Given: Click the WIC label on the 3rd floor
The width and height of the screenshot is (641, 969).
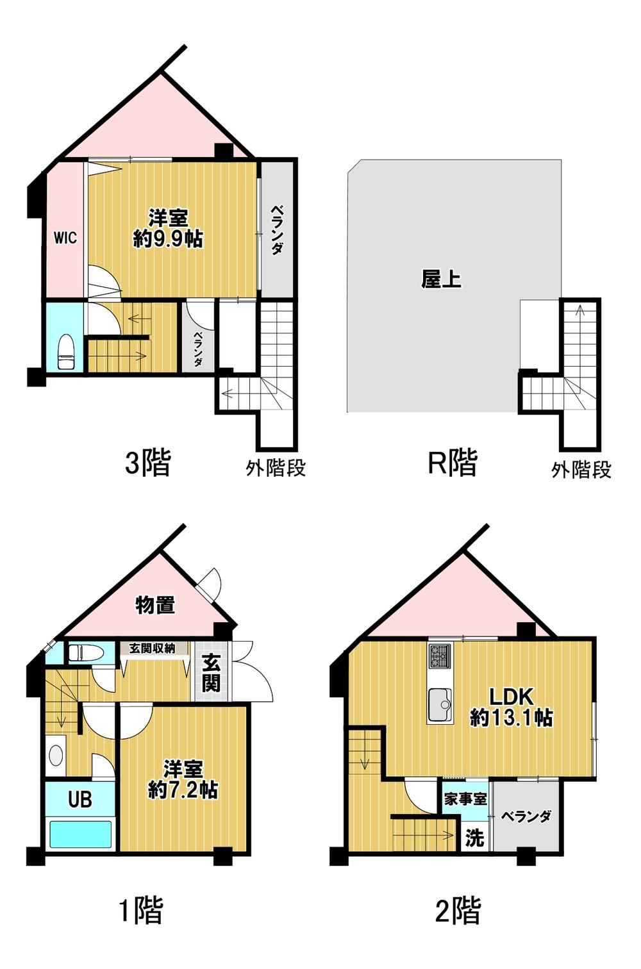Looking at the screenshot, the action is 65,238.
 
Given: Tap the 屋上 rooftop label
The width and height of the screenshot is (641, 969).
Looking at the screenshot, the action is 441,279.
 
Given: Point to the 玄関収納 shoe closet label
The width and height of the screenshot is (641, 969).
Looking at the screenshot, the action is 152,648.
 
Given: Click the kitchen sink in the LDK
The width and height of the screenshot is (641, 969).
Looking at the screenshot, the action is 440,705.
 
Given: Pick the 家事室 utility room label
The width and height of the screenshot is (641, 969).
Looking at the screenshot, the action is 465,799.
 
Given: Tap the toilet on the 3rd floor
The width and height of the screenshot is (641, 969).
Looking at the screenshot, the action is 66,351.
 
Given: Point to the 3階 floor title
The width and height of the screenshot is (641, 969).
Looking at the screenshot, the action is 148,463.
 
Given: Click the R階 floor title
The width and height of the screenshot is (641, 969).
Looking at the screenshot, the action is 453,463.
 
